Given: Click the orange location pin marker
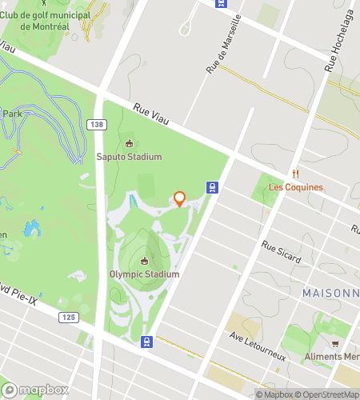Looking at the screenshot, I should pyautogui.click(x=179, y=198).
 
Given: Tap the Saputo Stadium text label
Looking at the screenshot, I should pyautogui.click(x=129, y=157).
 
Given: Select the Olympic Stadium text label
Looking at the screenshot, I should pyautogui.click(x=145, y=274).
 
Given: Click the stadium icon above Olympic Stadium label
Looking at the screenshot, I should pyautogui.click(x=145, y=261).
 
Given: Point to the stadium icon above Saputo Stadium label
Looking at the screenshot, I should pyautogui.click(x=130, y=143).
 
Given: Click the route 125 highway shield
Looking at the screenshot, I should pyautogui.click(x=69, y=318).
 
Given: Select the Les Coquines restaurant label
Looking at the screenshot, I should pyautogui.click(x=295, y=187).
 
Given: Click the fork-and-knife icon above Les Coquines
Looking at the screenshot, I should pyautogui.click(x=295, y=174).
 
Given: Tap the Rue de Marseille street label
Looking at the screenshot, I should pyautogui.click(x=220, y=55).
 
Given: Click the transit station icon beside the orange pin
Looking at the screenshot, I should pyautogui.click(x=212, y=188).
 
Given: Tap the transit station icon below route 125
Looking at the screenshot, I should pyautogui.click(x=146, y=342).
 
